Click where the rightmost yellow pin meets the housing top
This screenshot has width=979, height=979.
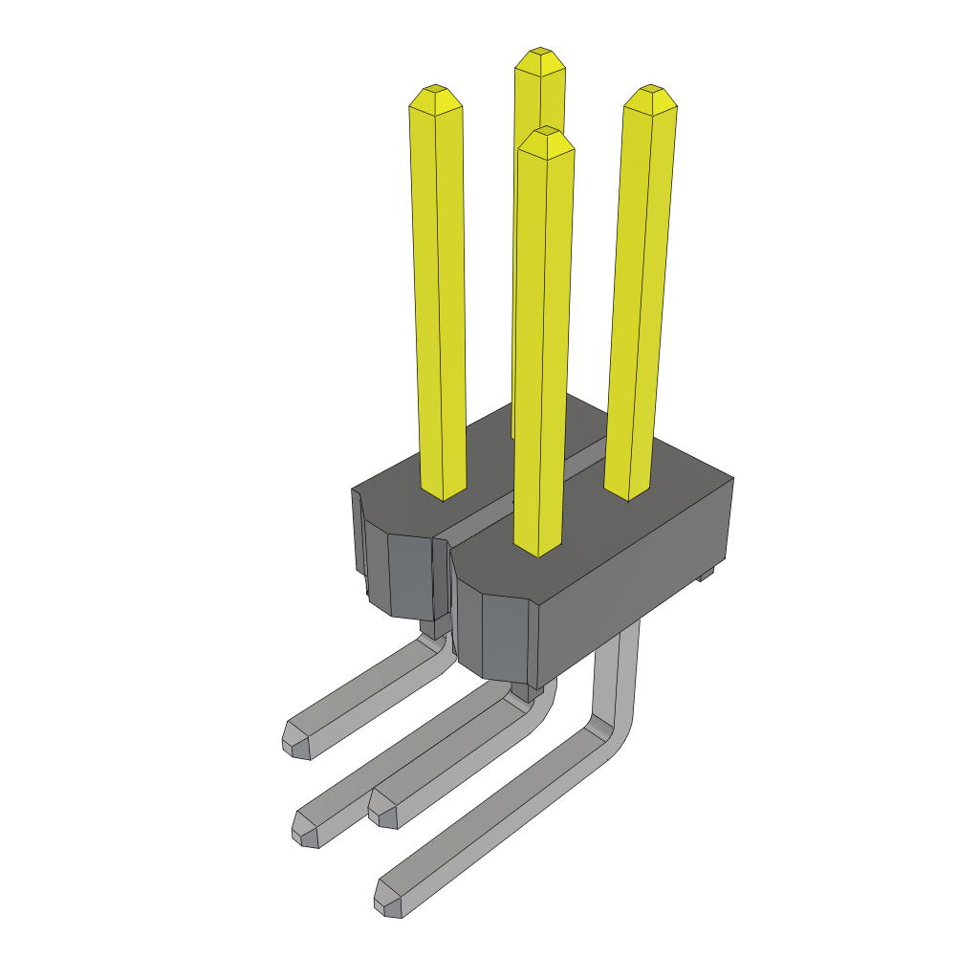pyautogui.click(x=628, y=491)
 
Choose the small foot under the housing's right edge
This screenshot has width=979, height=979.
pyautogui.click(x=706, y=574)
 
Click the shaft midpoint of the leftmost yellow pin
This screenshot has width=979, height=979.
pyautogui.click(x=440, y=296)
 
